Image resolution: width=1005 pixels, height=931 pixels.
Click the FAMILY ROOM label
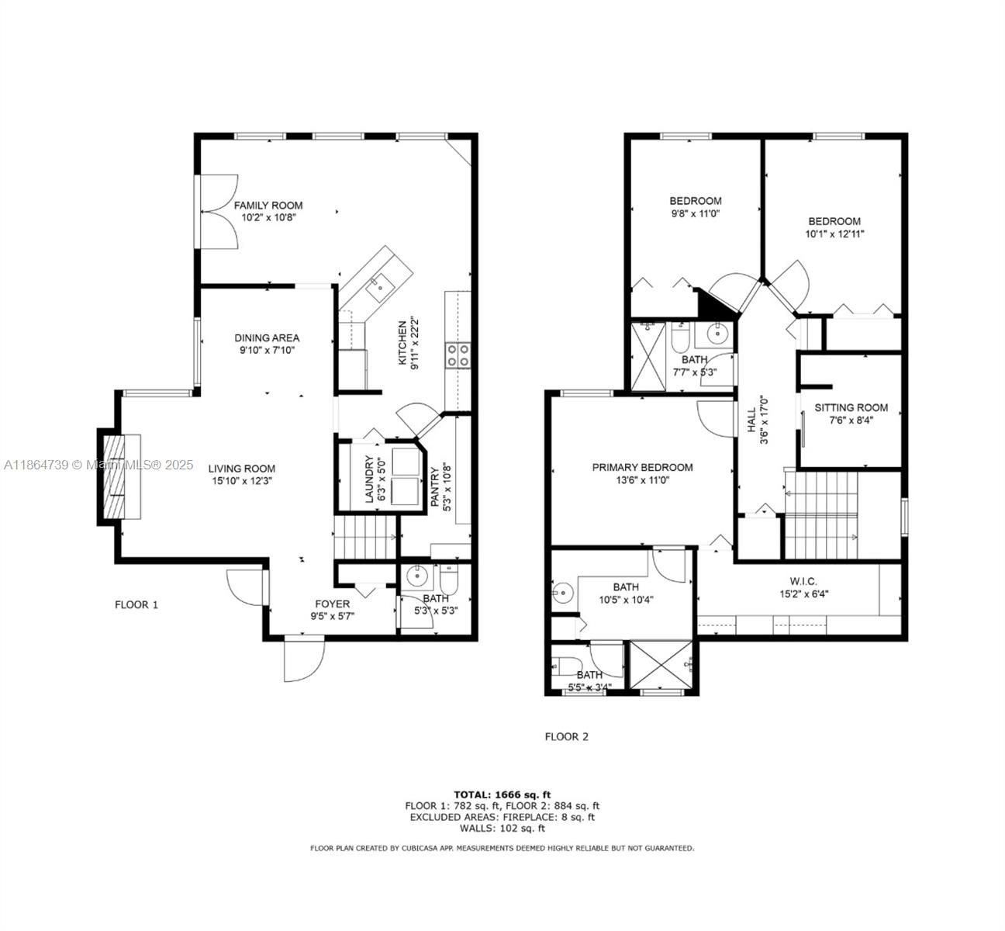tap(268, 206)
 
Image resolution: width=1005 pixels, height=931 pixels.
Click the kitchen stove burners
tap(458, 355)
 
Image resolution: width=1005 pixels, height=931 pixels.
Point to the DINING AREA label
tap(267, 338)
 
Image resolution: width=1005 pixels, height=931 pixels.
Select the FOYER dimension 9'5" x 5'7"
tap(332, 618)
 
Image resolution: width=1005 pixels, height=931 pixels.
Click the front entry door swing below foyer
tap(302, 659)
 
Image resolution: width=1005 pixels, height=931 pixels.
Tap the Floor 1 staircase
tap(364, 538)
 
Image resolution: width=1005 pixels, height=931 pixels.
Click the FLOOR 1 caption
tap(136, 604)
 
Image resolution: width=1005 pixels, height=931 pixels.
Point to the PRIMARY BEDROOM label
tap(642, 467)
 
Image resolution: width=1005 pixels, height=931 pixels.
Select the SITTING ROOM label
tap(851, 407)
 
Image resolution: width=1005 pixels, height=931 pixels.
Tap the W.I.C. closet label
tap(803, 582)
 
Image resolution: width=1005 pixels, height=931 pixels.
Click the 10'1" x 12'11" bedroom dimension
tap(834, 233)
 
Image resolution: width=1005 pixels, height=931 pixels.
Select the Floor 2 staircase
tap(821, 515)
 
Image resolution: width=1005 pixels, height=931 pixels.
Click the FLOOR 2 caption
tap(567, 736)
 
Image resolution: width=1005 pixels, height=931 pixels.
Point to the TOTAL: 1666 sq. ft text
tap(502, 794)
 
